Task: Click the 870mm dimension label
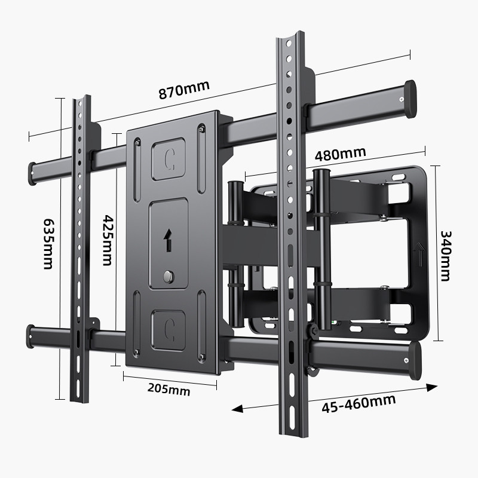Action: [183, 90]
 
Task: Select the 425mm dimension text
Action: [107, 240]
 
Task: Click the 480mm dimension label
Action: [341, 154]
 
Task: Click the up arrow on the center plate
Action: [168, 240]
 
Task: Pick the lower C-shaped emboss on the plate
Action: [169, 328]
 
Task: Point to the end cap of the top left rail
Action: [32, 173]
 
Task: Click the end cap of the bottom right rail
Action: [412, 360]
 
